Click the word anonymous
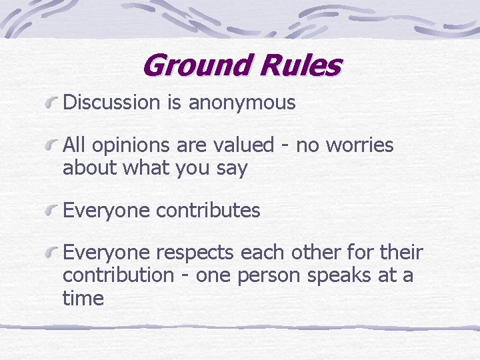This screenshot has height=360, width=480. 241,102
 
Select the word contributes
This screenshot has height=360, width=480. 208,211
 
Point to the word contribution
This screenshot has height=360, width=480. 118,275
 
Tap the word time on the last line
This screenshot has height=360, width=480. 83,298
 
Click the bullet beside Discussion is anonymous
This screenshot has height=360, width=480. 52,103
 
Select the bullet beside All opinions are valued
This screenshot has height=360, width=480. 52,145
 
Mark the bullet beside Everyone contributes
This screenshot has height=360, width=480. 52,211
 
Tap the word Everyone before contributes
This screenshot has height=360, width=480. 107,211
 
